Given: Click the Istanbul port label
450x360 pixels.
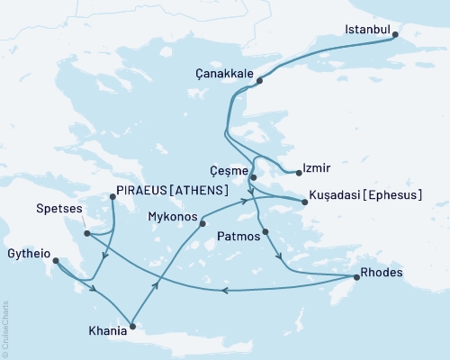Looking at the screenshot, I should click(367, 30).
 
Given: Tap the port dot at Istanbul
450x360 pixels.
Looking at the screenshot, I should click(397, 37).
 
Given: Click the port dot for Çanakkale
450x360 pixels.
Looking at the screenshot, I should click(259, 81).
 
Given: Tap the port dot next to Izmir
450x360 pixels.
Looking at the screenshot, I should click(298, 171).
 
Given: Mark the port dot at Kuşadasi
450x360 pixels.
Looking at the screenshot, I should click(305, 202).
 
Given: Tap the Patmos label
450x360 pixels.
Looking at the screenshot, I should click(238, 237).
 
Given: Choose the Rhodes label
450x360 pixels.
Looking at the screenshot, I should click(381, 273).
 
